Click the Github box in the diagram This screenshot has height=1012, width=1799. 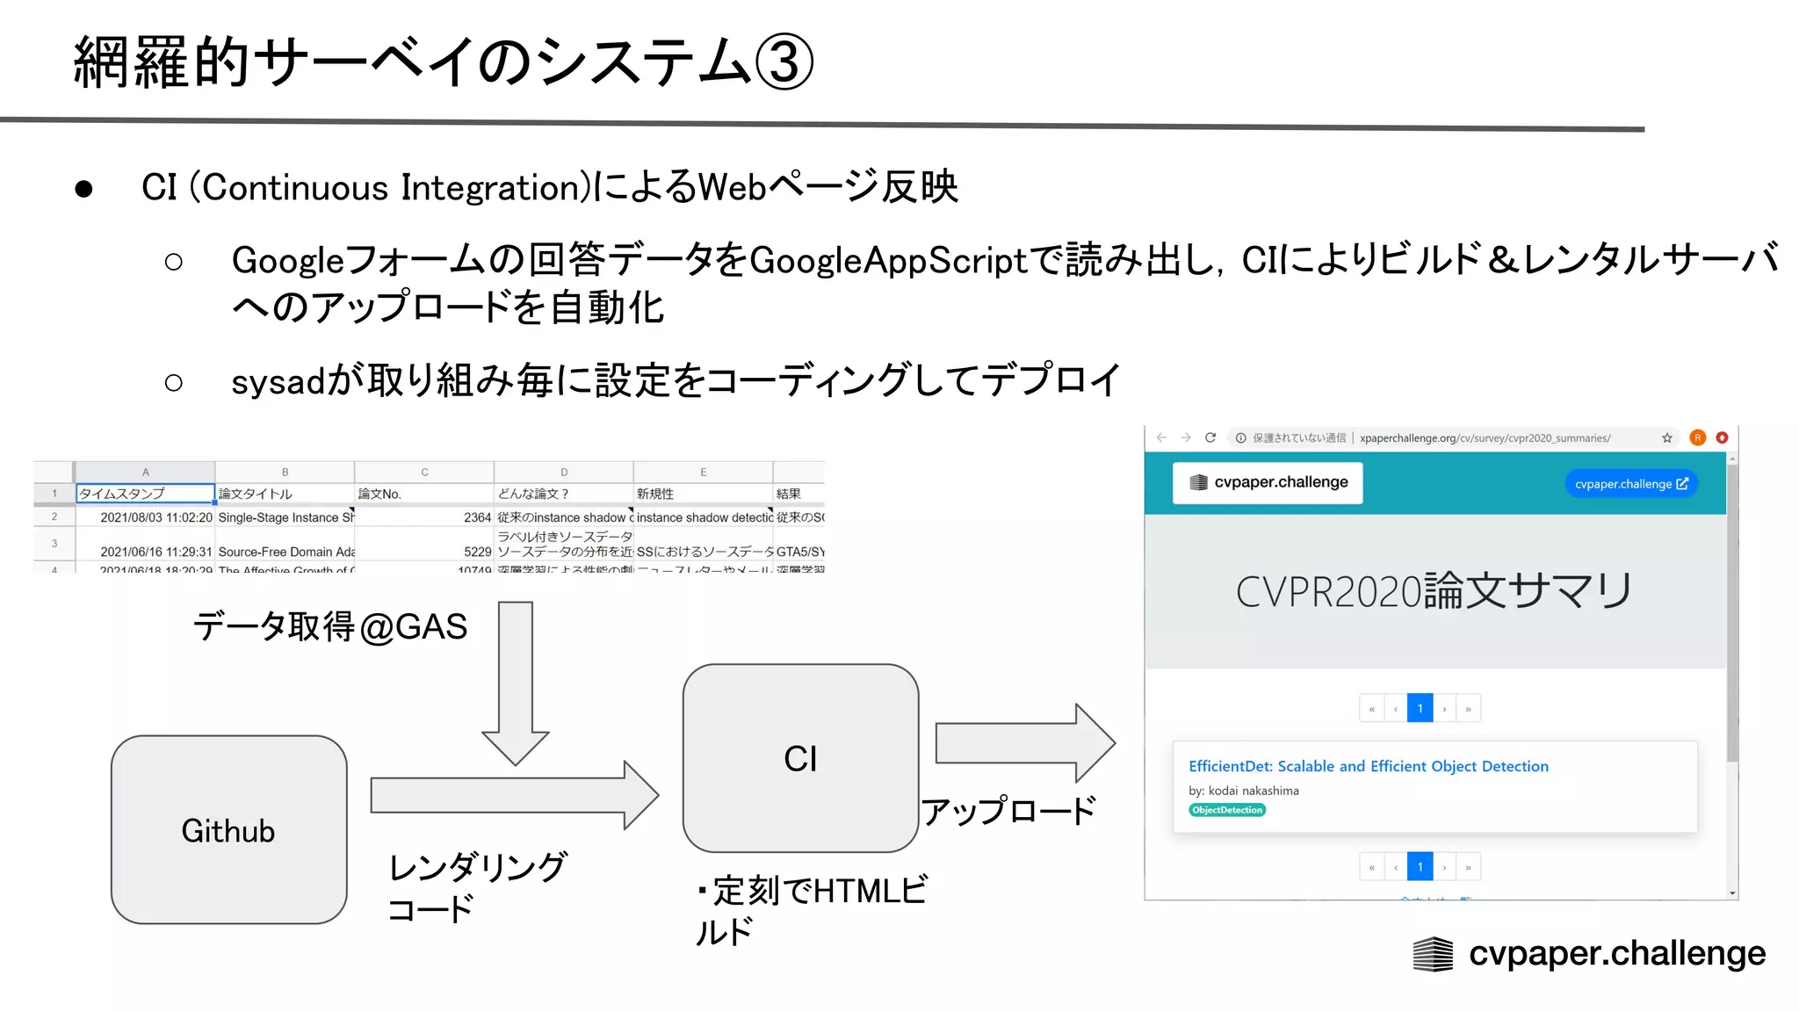[228, 829]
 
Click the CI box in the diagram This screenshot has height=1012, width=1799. [800, 757]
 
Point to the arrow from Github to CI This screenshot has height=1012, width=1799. [514, 795]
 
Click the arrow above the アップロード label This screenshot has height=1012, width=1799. [1023, 743]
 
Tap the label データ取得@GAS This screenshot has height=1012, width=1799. [329, 627]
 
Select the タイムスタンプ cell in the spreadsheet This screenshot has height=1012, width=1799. [145, 494]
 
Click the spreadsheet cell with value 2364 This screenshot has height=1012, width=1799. [424, 517]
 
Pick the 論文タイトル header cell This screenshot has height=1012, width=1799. [284, 494]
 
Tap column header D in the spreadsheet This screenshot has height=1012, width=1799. [563, 472]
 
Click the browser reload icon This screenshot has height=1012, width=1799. [1210, 437]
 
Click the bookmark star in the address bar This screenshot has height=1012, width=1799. [1666, 437]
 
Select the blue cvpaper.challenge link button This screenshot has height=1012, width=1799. [1630, 484]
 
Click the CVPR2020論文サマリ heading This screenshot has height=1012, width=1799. [1434, 591]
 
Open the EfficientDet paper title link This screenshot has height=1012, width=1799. [1368, 766]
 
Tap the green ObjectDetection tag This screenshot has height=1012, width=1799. [1227, 810]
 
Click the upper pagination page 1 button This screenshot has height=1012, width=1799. [1420, 708]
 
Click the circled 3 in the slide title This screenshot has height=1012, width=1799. [784, 63]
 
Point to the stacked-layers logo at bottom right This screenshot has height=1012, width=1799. [1433, 954]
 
